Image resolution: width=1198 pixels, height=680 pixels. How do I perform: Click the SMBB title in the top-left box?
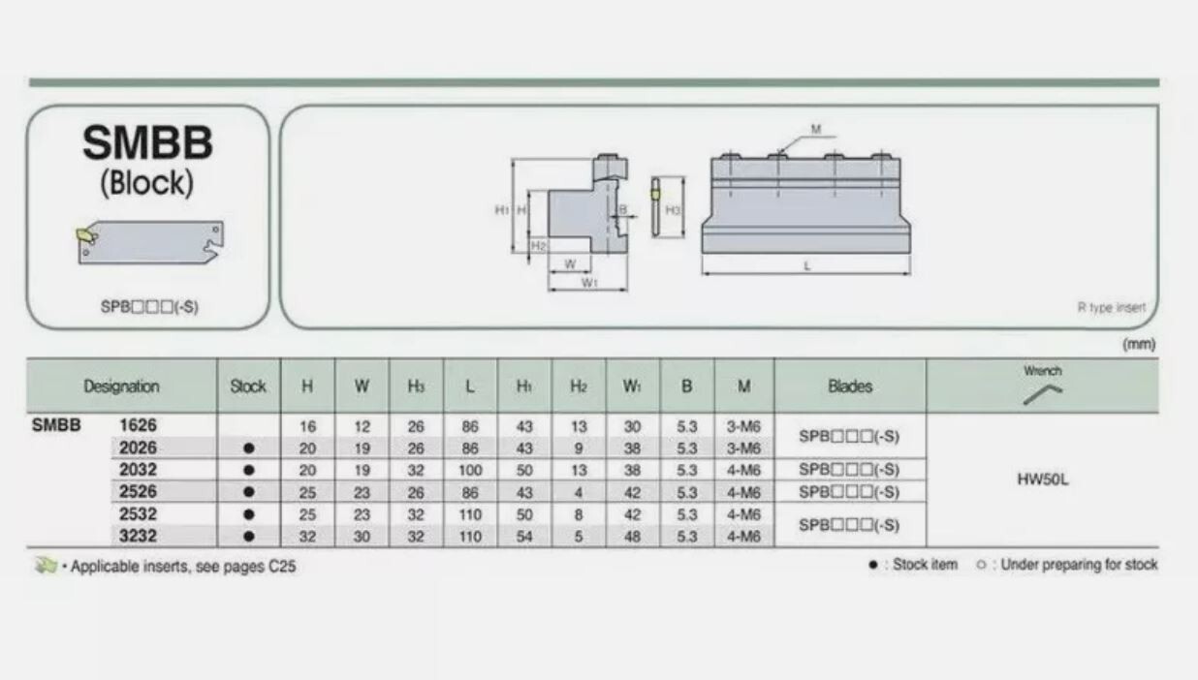pos(147,142)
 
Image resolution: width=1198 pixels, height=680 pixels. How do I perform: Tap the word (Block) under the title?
pos(147,183)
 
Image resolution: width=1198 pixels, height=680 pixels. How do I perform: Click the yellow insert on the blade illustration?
pos(85,235)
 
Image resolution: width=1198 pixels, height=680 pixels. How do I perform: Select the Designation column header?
pos(121,386)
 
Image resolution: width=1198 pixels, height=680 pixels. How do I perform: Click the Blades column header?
pos(850,386)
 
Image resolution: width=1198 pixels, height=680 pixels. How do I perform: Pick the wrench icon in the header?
pos(1042,394)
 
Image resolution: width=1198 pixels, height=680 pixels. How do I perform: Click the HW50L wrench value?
pos(1042,479)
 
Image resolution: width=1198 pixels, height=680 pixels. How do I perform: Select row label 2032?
pos(138,470)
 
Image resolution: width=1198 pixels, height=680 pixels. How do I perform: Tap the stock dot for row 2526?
pos(249,492)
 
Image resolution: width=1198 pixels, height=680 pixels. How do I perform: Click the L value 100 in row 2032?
pos(470,471)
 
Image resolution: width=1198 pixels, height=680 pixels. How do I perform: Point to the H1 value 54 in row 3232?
pos(524,537)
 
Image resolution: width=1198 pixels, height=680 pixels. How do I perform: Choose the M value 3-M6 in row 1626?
pos(743,426)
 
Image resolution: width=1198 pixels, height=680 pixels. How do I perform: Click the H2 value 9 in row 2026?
pos(578,448)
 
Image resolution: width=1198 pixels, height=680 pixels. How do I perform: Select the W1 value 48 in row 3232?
pos(632,537)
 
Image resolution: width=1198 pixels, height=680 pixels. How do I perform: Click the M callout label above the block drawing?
pos(815,130)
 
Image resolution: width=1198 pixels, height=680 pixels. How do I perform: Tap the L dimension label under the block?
pos(807,265)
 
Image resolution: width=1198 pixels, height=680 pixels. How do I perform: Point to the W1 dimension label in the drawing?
pos(589,282)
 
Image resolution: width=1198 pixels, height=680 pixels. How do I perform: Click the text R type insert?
pos(1112,307)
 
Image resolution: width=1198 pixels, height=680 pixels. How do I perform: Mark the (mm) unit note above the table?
pos(1139,344)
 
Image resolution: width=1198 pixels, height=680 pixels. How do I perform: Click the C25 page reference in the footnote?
pos(282,566)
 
